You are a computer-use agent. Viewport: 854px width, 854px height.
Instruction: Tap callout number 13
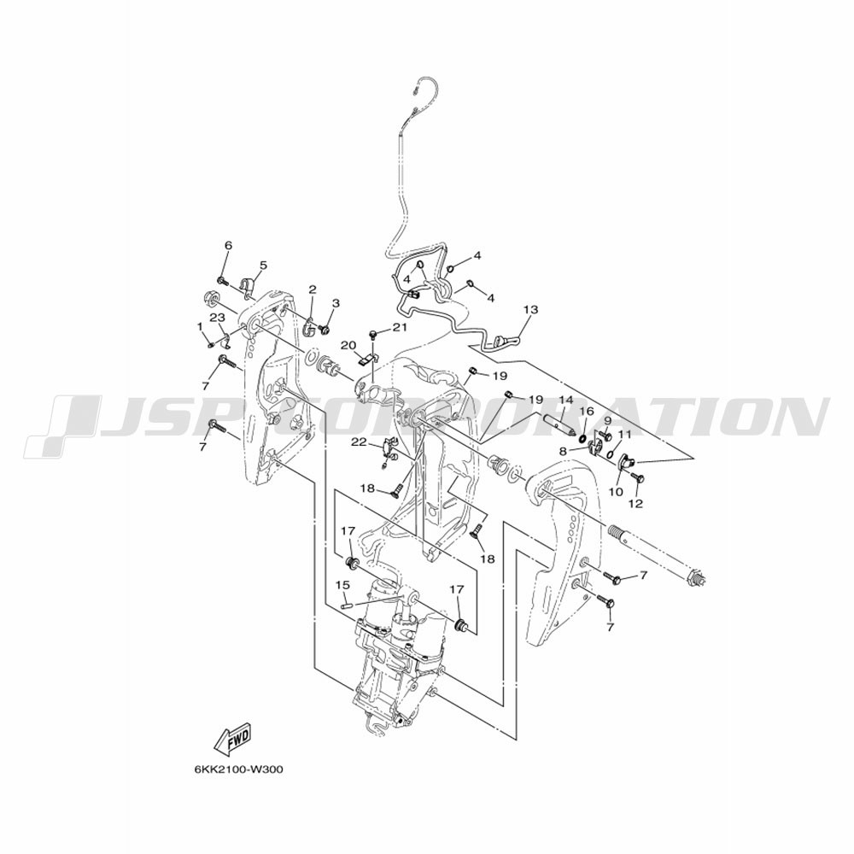pyautogui.click(x=530, y=310)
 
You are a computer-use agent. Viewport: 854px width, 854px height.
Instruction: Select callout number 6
pyautogui.click(x=228, y=246)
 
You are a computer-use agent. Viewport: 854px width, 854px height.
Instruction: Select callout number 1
pyautogui.click(x=200, y=326)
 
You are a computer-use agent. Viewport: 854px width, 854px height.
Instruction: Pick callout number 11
pyautogui.click(x=624, y=435)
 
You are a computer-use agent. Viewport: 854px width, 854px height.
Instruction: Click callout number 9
pyautogui.click(x=608, y=420)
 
